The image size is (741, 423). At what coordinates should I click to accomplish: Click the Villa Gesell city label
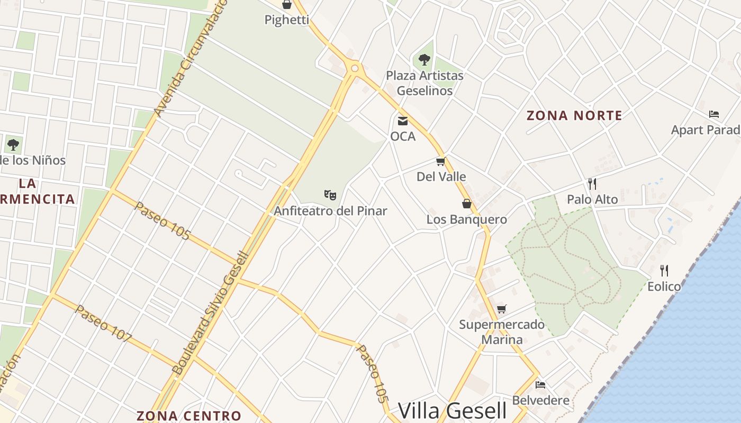pos(452,410)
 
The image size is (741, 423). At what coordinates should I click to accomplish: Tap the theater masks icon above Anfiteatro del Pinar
pos(330,195)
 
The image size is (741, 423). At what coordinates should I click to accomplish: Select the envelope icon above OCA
pos(403,121)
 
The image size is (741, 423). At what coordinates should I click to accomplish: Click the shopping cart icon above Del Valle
pos(440,161)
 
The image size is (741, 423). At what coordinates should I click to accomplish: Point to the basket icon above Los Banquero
pos(467,204)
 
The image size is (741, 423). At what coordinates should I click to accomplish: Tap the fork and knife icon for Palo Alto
pos(592,184)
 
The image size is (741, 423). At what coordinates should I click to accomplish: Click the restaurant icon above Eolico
pos(664,271)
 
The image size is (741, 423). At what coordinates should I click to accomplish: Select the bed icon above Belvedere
pos(540,385)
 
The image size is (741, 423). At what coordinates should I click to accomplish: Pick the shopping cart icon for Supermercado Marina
pos(501,309)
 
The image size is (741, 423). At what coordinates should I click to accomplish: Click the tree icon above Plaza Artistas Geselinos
pos(424,59)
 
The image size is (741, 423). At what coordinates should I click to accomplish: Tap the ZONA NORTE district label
pos(574,115)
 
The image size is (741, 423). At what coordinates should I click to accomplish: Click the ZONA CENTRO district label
pos(189,416)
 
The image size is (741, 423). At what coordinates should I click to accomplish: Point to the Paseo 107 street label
pos(103,324)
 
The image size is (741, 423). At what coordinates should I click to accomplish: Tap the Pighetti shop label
pos(286,20)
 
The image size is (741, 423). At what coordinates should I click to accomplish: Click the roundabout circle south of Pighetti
pos(355,68)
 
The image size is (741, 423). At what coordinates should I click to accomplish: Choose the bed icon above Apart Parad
pos(714,114)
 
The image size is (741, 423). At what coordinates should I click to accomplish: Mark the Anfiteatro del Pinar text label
pos(330,211)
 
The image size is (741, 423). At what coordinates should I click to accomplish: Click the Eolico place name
pos(664,287)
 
